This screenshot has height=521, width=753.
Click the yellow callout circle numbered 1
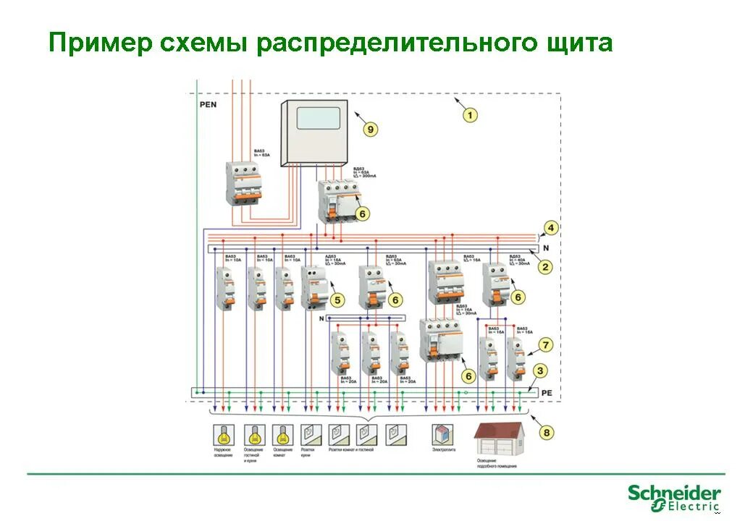470,114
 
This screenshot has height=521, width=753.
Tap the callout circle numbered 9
370,129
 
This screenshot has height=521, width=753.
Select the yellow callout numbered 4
551,228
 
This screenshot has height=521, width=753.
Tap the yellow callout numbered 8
547,432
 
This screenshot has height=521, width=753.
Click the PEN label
208,104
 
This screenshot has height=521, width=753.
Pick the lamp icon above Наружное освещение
223,434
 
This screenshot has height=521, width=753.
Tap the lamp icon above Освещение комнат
282,434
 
